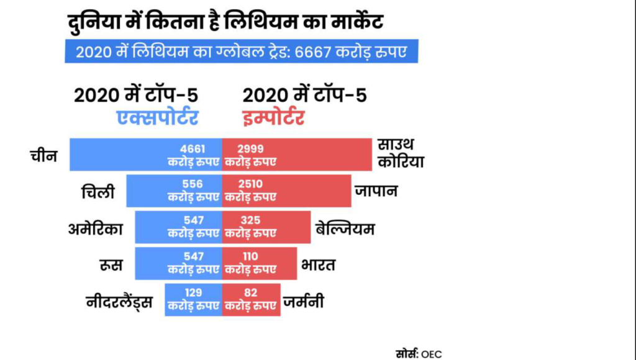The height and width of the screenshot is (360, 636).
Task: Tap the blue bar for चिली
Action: [x=149, y=191]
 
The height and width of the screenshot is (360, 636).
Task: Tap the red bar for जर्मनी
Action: [x=252, y=299]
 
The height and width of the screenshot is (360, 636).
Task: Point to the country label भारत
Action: [x=318, y=265]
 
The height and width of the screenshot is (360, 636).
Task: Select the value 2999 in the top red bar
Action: [x=250, y=149]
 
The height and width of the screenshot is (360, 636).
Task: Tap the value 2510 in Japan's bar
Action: [x=250, y=184]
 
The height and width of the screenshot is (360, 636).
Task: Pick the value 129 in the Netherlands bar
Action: [x=194, y=292]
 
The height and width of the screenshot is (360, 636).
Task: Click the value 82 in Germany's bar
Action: [x=250, y=292]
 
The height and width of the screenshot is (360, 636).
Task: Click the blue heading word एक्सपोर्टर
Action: [x=158, y=117]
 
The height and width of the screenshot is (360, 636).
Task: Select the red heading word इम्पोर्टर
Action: [x=273, y=117]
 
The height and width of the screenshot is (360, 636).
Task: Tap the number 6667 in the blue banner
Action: [x=314, y=51]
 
